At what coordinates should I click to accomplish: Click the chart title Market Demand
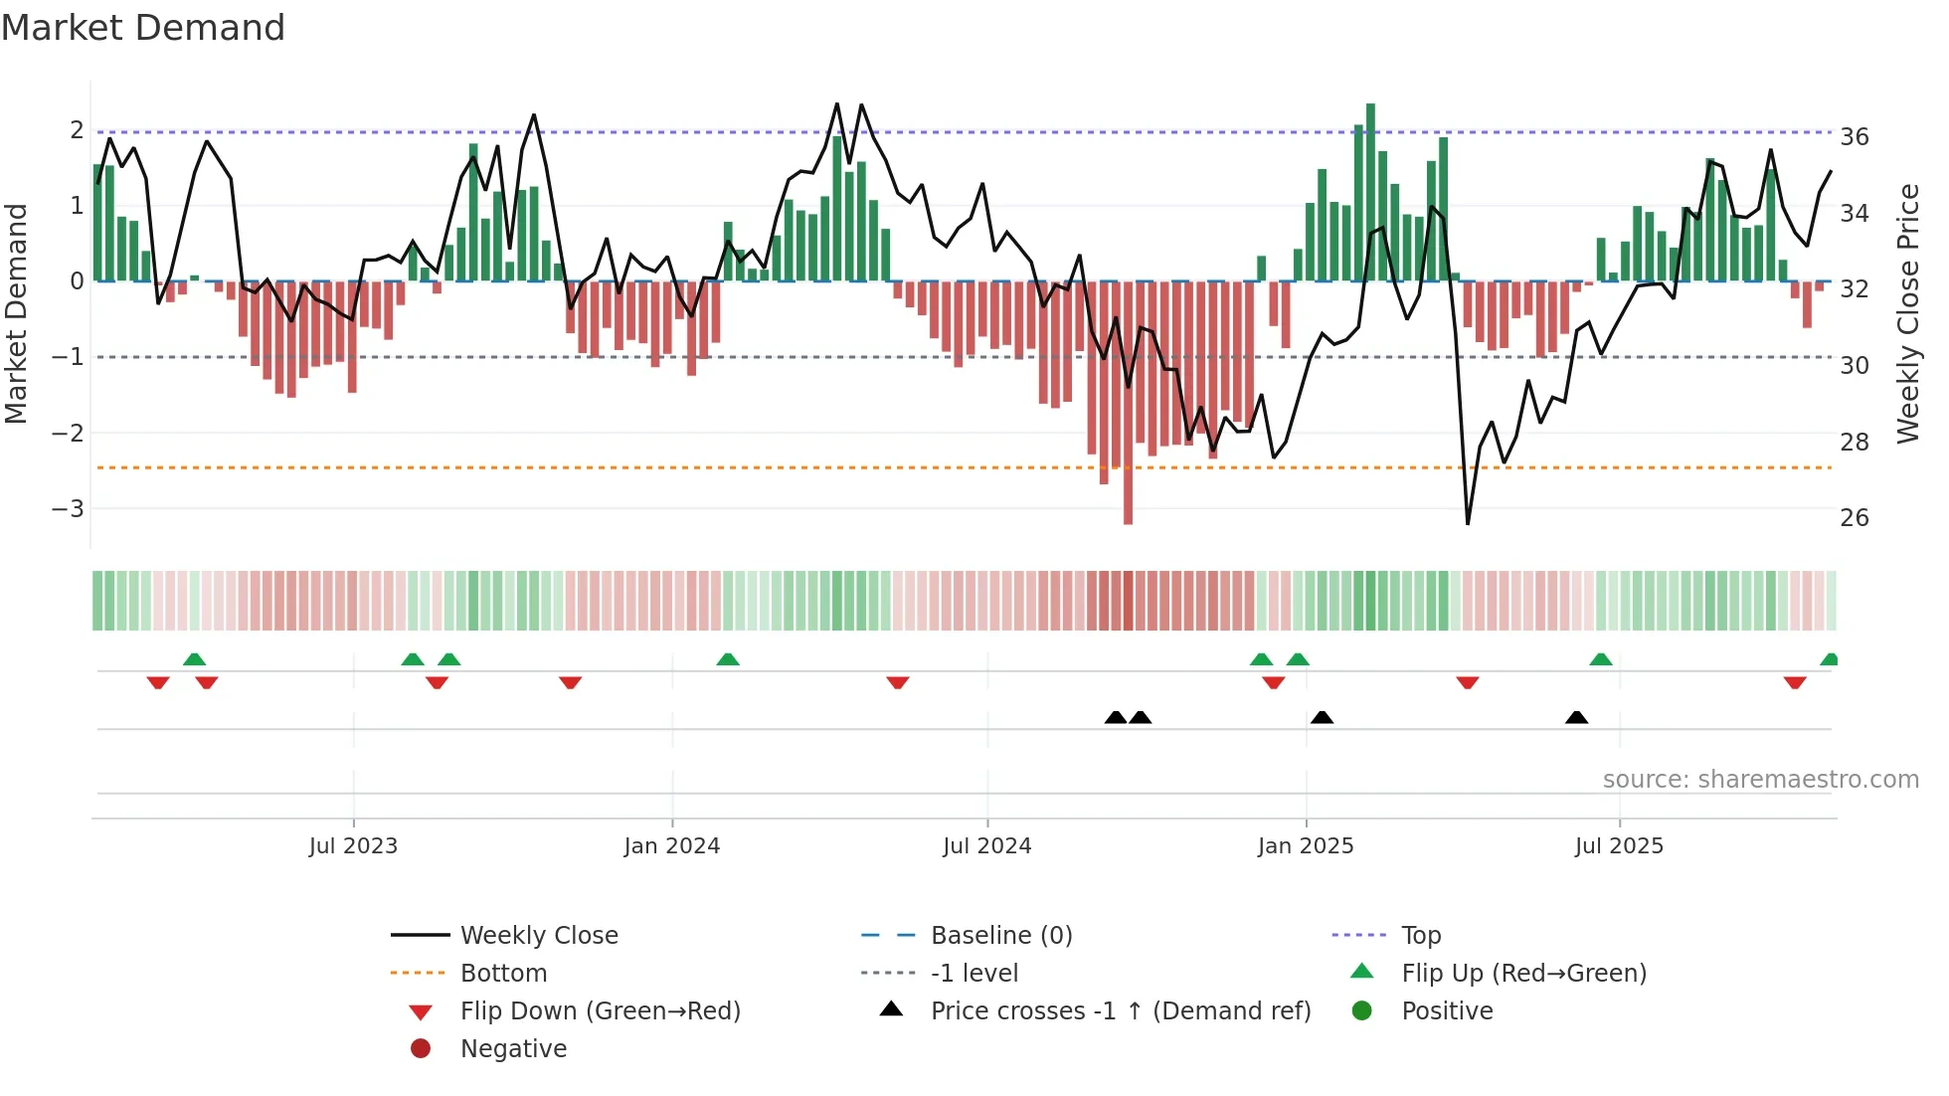click(x=143, y=28)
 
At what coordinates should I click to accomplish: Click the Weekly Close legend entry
click(x=538, y=935)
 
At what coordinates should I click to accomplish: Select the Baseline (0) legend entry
click(x=1000, y=935)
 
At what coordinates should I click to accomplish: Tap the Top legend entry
click(x=1420, y=935)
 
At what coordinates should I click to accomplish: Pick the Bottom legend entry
click(x=503, y=973)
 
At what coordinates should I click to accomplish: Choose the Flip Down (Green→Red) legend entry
click(x=600, y=1010)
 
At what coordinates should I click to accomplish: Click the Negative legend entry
click(x=513, y=1048)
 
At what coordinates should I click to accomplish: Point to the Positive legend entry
click(x=1446, y=1010)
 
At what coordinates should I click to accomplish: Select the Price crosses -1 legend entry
click(x=1120, y=1010)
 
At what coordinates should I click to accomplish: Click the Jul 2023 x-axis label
click(x=353, y=845)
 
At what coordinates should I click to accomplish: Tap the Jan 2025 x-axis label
click(x=1305, y=845)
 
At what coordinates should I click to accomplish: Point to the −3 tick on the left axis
click(x=68, y=508)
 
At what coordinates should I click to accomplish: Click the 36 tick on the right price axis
click(x=1854, y=136)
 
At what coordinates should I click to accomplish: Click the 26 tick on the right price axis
click(x=1854, y=517)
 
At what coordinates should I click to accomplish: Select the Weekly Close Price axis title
click(x=1907, y=313)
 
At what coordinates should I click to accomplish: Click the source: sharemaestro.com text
click(x=1760, y=779)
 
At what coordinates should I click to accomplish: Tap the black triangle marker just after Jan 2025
click(x=1322, y=717)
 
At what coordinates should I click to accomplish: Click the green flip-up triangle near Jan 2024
click(x=728, y=659)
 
